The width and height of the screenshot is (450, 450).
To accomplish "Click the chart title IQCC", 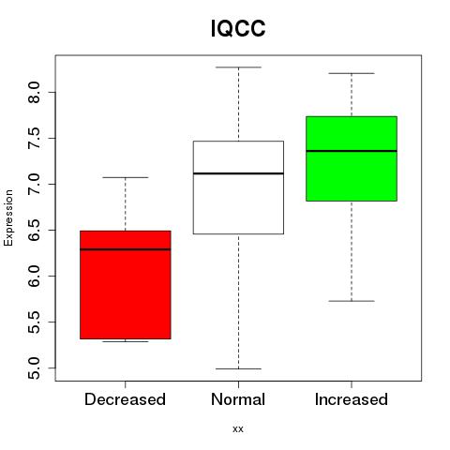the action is click(238, 28).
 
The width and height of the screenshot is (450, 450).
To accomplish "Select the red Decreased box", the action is click(126, 285).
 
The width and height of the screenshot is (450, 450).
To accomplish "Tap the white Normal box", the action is click(238, 187).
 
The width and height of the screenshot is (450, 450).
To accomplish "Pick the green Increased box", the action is click(352, 158).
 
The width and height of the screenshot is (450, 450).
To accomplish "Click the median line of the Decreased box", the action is click(126, 249).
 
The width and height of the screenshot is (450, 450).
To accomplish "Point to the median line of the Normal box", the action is click(238, 173).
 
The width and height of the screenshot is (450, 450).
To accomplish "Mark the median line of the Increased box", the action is click(352, 151).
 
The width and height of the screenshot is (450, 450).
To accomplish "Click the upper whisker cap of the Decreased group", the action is click(126, 177).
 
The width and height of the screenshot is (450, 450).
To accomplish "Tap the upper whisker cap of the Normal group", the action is click(238, 67).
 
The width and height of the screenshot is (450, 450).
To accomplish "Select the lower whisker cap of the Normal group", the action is click(238, 368).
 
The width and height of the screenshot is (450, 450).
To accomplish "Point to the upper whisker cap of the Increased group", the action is click(352, 73).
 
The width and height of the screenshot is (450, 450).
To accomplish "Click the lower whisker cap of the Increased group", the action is click(352, 301).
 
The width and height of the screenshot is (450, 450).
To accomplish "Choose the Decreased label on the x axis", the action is click(125, 399).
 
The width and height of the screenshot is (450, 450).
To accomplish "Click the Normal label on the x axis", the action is click(238, 399).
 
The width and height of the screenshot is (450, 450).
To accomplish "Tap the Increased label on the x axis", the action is click(352, 399).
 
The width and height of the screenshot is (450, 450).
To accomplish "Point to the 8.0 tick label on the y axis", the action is click(34, 92).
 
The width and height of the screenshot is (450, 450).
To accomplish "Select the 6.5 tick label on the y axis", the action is click(34, 230).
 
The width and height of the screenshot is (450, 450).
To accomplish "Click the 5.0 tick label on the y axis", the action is click(34, 368).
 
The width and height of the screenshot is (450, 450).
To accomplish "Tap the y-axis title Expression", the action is click(8, 217).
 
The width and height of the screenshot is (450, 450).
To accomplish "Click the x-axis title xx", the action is click(238, 429).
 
